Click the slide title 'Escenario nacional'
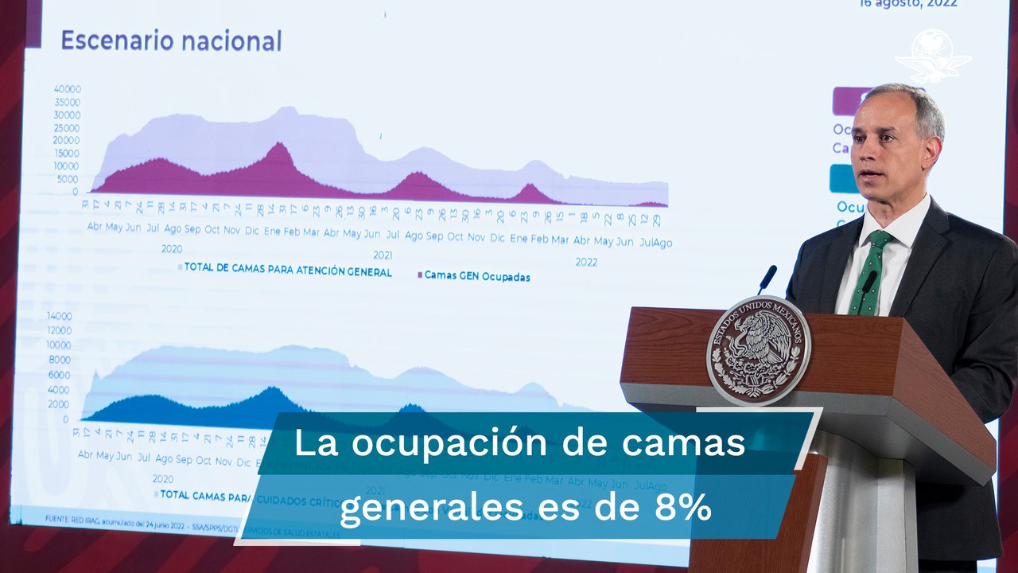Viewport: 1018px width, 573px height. (x=171, y=41)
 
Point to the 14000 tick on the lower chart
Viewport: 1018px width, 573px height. (x=60, y=316)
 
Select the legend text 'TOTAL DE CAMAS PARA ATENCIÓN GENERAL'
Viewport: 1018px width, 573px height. (x=287, y=271)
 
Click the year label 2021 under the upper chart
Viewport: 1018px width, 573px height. (x=383, y=255)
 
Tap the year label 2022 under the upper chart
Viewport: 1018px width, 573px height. (x=586, y=262)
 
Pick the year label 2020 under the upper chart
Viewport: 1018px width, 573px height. (x=172, y=248)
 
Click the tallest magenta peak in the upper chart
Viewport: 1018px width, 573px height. (x=278, y=145)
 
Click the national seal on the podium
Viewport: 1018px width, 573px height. (x=758, y=349)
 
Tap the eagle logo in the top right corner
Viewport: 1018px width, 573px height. (x=933, y=54)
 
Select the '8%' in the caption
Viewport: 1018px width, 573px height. (x=688, y=508)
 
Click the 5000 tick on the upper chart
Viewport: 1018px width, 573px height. (x=68, y=179)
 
